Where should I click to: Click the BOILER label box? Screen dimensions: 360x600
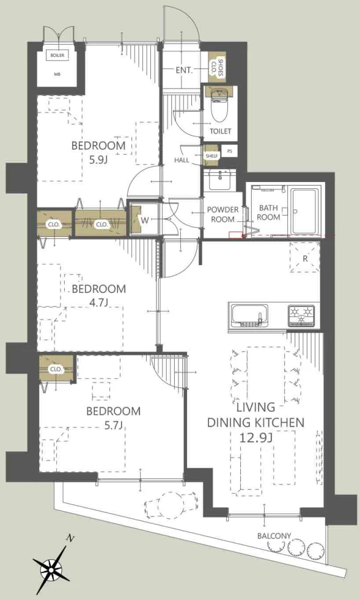coord(57,56)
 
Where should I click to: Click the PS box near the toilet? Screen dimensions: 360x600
coord(229,151)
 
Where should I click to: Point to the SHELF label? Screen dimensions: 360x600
coord(211,156)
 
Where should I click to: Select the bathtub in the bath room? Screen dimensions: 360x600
coord(304,211)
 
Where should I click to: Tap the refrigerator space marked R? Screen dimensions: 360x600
coord(305,257)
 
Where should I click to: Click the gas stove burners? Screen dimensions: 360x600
coord(302,315)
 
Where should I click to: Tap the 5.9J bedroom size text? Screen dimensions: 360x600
coord(98,159)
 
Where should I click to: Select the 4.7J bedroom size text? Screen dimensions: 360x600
coord(99,302)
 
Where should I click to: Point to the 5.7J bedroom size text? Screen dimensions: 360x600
coord(112,425)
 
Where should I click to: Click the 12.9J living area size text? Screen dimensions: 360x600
coord(256,437)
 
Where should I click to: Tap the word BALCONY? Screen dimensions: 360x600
coord(274,536)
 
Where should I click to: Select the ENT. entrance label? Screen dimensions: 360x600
coord(184,70)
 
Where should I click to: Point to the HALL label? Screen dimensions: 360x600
coord(182,160)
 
